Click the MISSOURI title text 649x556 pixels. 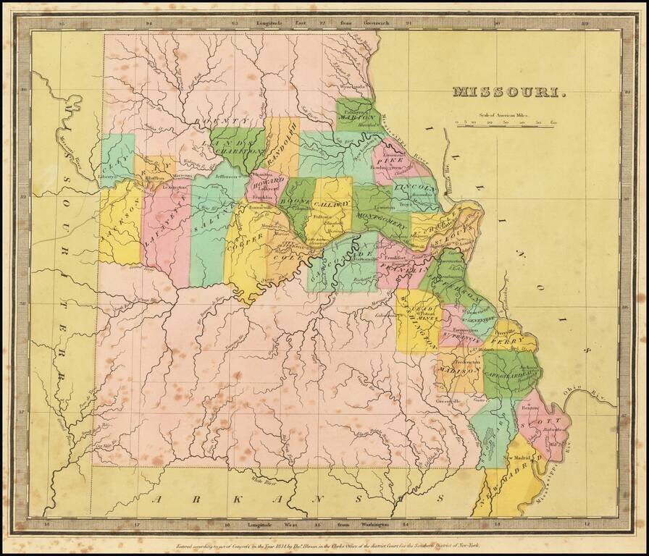[509, 92]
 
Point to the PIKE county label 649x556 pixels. [393, 161]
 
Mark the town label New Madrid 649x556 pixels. [517, 458]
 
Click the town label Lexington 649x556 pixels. [168, 186]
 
